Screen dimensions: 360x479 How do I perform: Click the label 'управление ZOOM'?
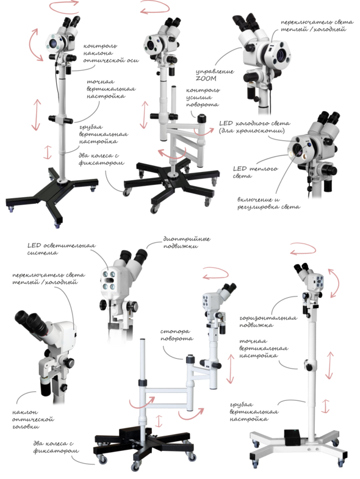(215, 75)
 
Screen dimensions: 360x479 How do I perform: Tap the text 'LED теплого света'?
(255, 172)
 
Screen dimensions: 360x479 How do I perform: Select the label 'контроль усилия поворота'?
(203, 97)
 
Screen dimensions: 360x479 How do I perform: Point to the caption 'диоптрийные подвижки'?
(187, 243)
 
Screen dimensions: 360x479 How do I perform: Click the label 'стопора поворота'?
(176, 335)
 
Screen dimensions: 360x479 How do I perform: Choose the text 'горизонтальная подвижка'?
(268, 322)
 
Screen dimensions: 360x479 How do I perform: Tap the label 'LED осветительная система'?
(61, 249)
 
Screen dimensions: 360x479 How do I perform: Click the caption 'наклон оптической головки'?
(33, 419)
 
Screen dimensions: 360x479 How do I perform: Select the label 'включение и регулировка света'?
(268, 203)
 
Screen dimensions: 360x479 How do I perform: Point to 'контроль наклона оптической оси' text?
(110, 53)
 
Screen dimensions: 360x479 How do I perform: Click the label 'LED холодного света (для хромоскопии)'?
(254, 127)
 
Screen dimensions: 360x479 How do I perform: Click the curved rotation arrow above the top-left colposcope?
(64, 7)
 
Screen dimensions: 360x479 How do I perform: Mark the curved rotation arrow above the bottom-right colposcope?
(303, 248)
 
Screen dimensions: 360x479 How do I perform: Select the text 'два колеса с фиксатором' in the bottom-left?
(56, 447)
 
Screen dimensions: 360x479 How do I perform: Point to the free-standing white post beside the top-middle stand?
(173, 104)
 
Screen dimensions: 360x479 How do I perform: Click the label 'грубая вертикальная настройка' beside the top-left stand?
(103, 134)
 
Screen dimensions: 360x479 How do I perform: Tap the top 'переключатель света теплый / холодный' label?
(317, 26)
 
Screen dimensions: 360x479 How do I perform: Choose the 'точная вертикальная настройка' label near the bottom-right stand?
(263, 348)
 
